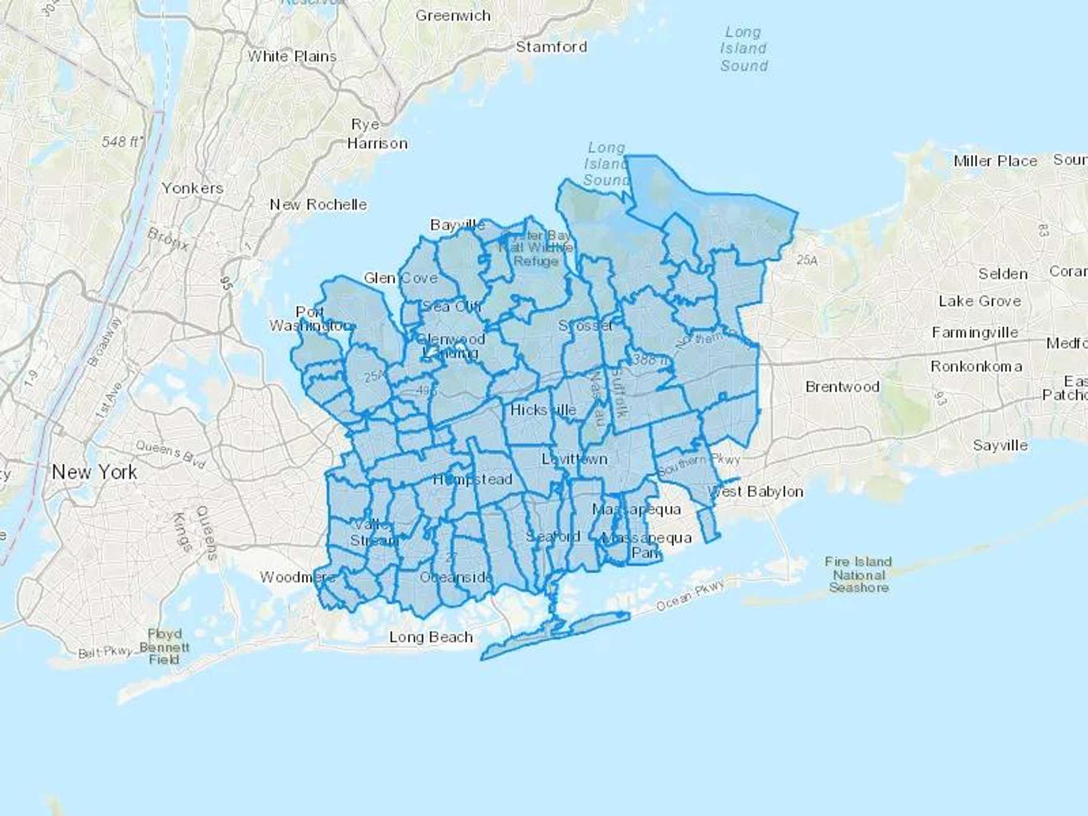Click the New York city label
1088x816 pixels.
coord(94,472)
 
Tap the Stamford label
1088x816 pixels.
coord(551,47)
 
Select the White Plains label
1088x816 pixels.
coord(292,56)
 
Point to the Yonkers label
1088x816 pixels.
coord(192,189)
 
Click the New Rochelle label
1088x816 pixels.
coord(318,205)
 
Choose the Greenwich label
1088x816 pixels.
coord(453,16)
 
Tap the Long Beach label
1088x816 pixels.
coord(431,637)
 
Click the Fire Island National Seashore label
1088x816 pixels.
coord(858,574)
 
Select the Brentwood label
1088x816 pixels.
coord(842,387)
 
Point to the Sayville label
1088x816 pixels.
coord(1000,445)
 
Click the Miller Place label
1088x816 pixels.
coord(995,161)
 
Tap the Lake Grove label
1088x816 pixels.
coord(979,301)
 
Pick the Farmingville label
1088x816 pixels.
coord(974,332)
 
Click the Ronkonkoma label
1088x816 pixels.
coord(976,366)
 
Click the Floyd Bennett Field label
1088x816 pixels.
coord(164,647)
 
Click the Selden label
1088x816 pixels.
coord(1003,274)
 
